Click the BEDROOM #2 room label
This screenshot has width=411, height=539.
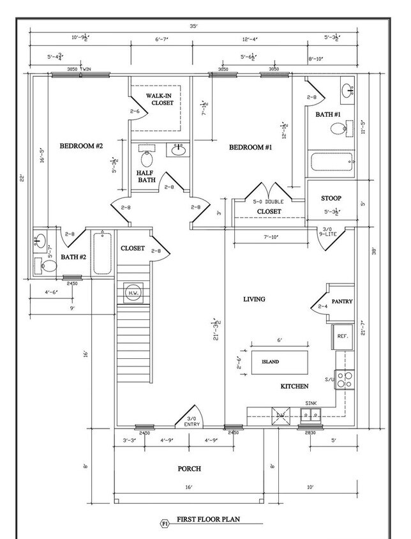coord(81,146)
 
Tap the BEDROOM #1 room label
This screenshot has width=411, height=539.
coord(250,148)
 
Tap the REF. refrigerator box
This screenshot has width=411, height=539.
coord(342,336)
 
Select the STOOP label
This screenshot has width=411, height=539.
coord(331,199)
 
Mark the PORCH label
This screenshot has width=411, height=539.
coord(189,469)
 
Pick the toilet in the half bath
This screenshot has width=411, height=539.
coord(147,157)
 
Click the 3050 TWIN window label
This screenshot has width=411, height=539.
coord(80,69)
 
